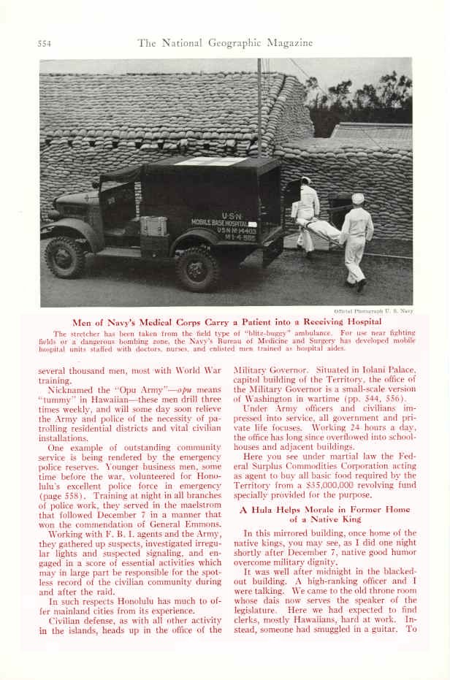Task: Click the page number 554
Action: [x=45, y=43]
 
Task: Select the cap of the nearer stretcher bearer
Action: [x=357, y=198]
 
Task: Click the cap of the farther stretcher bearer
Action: [x=306, y=180]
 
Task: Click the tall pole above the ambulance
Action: [x=259, y=110]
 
